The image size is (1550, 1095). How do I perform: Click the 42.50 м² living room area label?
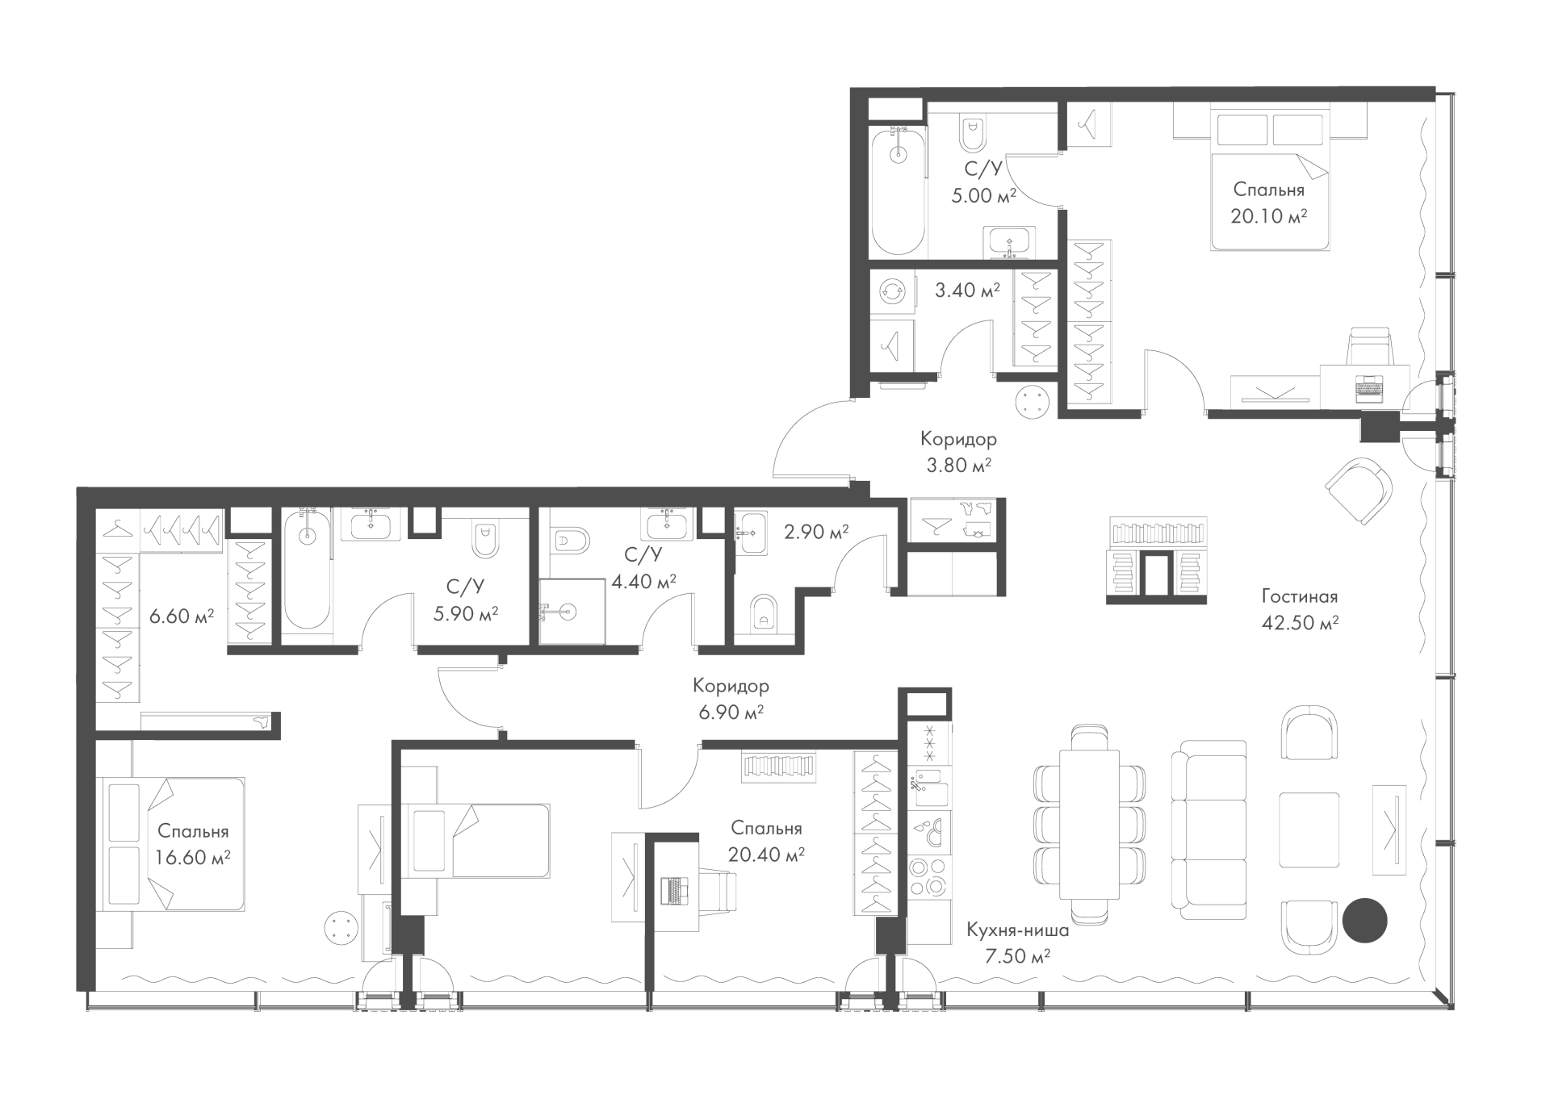tap(1300, 622)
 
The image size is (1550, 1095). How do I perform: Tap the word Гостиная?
tap(1300, 596)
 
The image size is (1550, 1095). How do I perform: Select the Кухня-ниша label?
tap(1018, 930)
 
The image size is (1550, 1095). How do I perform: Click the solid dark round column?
tap(1364, 920)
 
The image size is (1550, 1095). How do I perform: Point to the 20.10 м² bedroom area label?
tap(1269, 215)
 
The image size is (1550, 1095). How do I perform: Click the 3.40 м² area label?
tap(967, 290)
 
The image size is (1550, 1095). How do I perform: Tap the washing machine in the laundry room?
tap(893, 290)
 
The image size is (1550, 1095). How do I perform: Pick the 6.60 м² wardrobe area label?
tap(182, 616)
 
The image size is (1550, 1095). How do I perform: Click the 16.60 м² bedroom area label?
tap(193, 857)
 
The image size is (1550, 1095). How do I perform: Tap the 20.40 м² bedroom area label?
tap(766, 855)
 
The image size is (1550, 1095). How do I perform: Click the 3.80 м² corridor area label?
tap(959, 465)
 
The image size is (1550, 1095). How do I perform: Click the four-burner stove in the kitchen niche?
tap(929, 875)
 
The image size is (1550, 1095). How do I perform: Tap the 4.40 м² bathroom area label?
tap(643, 581)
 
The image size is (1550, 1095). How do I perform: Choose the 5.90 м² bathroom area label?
tap(466, 613)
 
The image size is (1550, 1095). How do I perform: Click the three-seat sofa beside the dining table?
tap(1209, 830)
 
